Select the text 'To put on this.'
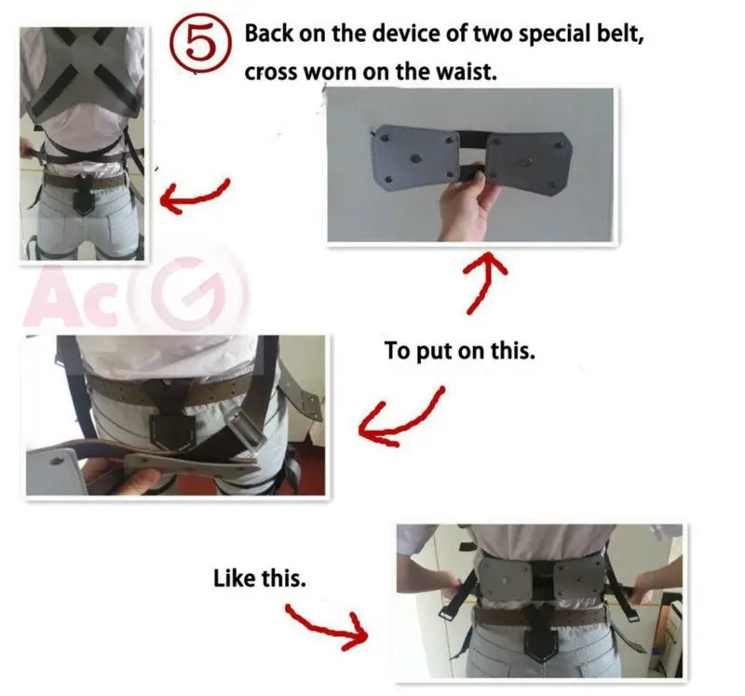pyautogui.click(x=459, y=353)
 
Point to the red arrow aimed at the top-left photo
pyautogui.click(x=195, y=194)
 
